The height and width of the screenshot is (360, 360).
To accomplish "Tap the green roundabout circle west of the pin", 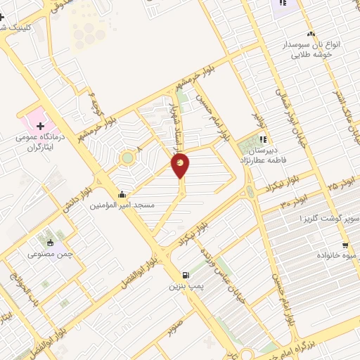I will (x=127, y=158).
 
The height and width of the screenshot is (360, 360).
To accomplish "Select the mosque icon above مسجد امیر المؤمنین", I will (x=122, y=195).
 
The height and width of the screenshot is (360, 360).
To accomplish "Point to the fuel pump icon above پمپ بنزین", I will (x=185, y=276).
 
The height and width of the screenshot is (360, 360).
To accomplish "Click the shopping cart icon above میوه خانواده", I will (x=345, y=245).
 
